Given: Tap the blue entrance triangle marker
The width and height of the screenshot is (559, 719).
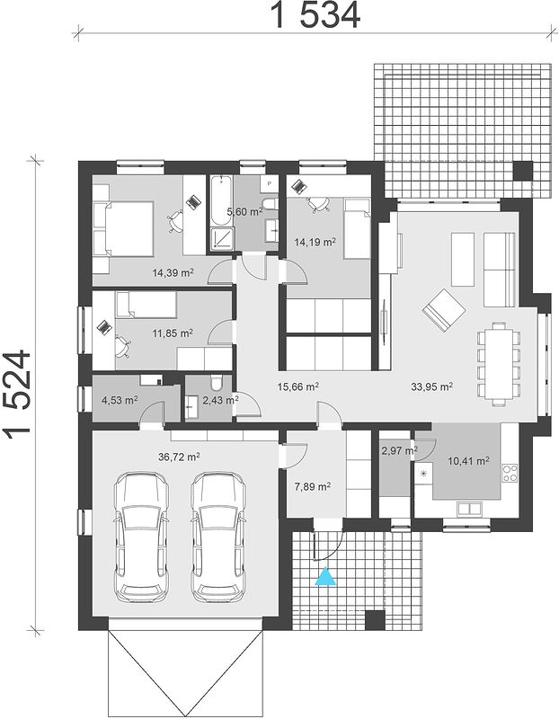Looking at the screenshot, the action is click(x=325, y=576).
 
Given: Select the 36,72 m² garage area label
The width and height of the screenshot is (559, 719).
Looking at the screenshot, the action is click(x=179, y=457).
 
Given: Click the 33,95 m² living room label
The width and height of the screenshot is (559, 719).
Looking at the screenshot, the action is click(x=432, y=386).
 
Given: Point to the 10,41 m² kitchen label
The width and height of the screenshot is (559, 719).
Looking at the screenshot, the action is click(x=468, y=460).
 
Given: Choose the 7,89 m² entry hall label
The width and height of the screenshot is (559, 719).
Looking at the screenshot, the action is click(x=313, y=486).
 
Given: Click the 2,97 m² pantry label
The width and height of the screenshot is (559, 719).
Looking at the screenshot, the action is click(x=399, y=451).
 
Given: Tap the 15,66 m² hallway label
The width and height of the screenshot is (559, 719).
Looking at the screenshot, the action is click(x=298, y=386).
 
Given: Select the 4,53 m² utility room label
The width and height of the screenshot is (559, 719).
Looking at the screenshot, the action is click(x=120, y=400).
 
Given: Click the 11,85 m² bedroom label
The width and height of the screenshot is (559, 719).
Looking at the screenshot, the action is click(x=173, y=333).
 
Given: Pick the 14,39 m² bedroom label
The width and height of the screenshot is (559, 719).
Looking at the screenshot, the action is click(x=173, y=273).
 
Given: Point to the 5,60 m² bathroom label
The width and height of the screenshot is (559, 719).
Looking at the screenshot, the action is click(x=244, y=211).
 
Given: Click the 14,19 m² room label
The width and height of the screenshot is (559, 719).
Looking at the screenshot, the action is click(x=315, y=242).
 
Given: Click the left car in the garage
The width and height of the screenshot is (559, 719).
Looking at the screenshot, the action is click(x=141, y=537).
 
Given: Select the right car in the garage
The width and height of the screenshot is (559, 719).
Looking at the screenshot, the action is click(x=218, y=537).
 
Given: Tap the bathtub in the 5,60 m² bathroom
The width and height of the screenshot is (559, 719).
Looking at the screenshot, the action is click(x=221, y=200).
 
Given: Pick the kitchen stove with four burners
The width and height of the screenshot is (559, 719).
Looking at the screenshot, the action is click(x=510, y=473).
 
